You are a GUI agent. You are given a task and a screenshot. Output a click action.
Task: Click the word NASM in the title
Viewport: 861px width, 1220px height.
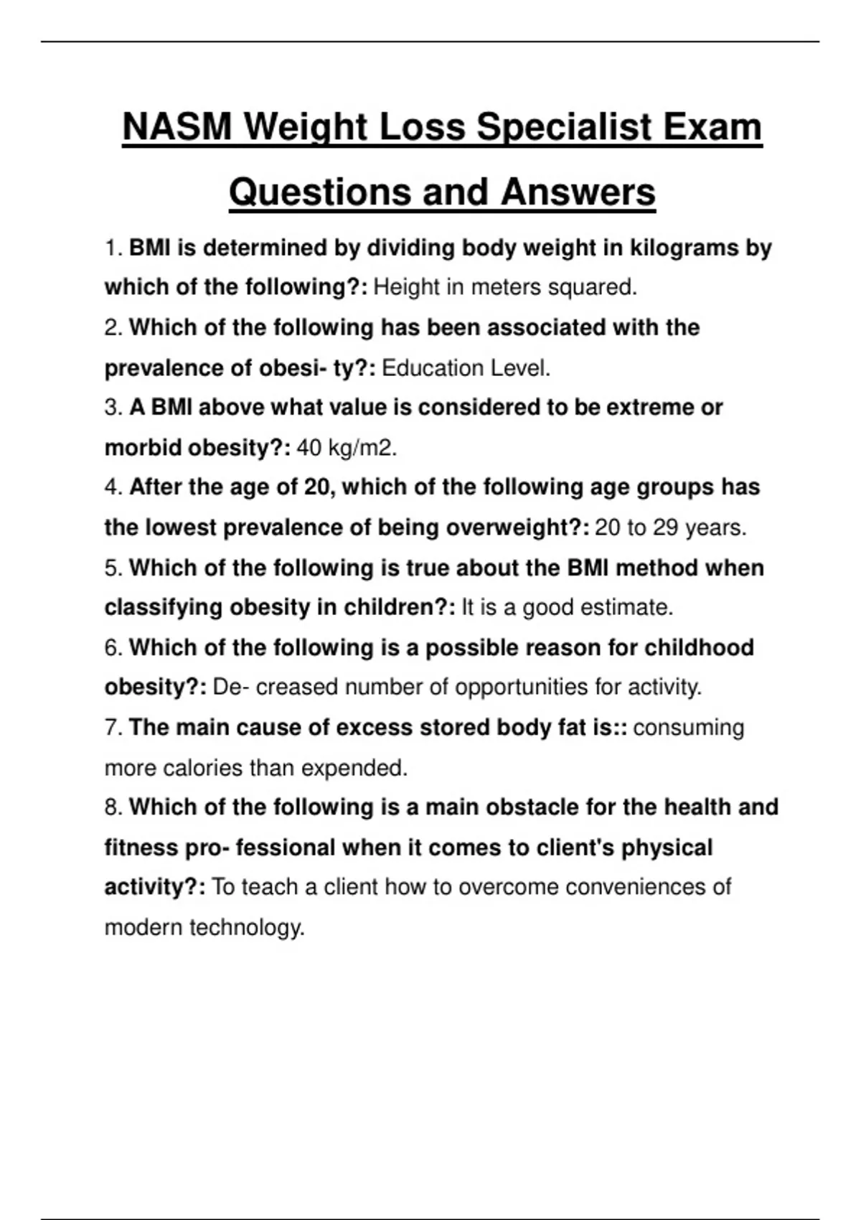tap(177, 128)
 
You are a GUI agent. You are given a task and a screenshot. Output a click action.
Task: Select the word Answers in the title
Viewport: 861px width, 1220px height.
tap(578, 192)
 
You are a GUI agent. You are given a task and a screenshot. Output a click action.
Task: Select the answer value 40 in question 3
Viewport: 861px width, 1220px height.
tap(309, 449)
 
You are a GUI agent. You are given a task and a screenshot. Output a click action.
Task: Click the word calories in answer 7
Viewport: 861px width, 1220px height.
tap(203, 769)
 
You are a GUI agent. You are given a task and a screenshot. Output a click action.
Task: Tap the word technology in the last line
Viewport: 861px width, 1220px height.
tap(247, 928)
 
